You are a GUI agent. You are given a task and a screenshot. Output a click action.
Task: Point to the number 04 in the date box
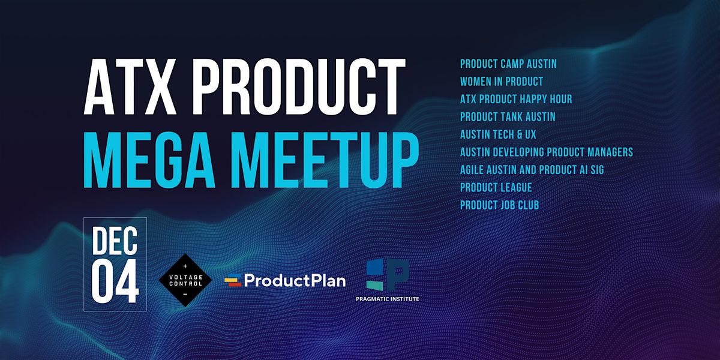tap(115, 281)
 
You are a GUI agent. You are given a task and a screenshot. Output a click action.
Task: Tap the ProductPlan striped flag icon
tap(233, 280)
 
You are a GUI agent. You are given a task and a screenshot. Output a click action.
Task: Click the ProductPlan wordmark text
tap(295, 280)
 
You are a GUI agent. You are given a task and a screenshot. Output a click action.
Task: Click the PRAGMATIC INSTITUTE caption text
tap(392, 299)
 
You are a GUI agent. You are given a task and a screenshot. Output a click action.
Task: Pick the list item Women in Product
tap(502, 81)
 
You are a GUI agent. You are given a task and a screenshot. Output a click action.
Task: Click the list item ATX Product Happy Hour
tap(516, 99)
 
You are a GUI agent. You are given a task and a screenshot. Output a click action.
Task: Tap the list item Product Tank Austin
tap(508, 116)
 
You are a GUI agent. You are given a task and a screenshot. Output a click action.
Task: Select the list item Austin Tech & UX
tap(497, 134)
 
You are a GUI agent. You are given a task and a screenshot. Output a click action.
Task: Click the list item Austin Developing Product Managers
tap(547, 152)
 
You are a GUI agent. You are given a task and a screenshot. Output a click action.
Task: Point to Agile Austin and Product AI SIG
tap(532, 170)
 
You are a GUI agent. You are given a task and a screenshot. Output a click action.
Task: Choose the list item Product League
tap(496, 188)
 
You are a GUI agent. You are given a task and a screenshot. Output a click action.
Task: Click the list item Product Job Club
tap(499, 205)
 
